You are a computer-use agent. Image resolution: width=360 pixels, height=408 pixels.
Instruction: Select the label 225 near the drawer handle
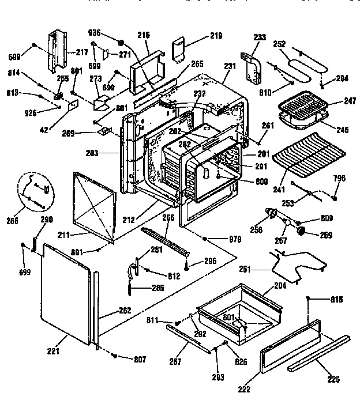pos(333,379)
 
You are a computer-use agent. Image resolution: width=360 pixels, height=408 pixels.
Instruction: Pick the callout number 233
pos(260,37)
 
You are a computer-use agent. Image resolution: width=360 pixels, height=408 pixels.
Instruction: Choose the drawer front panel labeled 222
pos(288,349)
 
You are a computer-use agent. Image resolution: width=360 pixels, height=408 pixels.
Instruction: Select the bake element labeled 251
pos(294,264)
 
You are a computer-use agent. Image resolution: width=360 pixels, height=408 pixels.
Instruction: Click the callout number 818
pos(336,300)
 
